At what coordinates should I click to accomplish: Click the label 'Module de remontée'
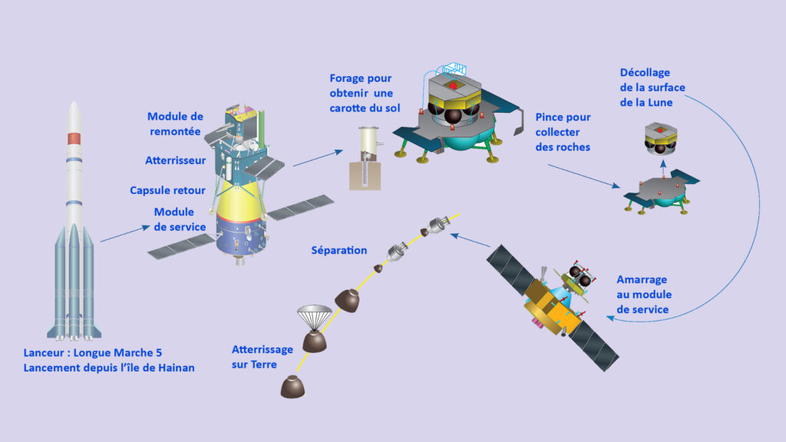tap(175, 124)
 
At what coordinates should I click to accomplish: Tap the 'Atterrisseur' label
tap(175, 161)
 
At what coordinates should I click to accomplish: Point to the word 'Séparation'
tap(339, 250)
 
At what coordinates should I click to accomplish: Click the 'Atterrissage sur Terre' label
tap(263, 357)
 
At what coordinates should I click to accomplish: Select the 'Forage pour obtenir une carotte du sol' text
tap(361, 93)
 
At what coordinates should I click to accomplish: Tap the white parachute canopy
tap(314, 315)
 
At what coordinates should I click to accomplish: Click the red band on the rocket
tap(74, 139)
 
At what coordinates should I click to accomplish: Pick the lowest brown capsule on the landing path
tap(292, 386)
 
